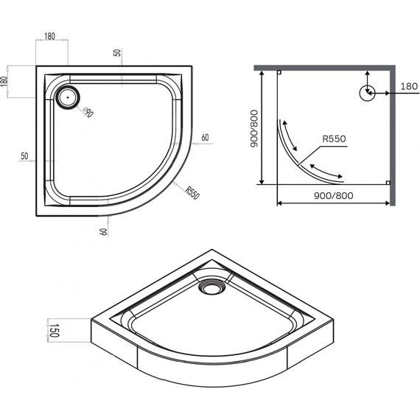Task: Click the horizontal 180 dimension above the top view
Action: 50,35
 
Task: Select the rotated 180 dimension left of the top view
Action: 6,80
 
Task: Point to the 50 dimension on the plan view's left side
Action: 24,156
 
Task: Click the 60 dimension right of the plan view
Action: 204,137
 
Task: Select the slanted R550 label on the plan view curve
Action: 192,193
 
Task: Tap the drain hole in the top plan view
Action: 70,95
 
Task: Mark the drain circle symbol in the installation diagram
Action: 366,93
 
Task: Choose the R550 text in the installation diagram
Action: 333,139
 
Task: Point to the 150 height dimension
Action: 52,329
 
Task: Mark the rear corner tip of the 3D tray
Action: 210,251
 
